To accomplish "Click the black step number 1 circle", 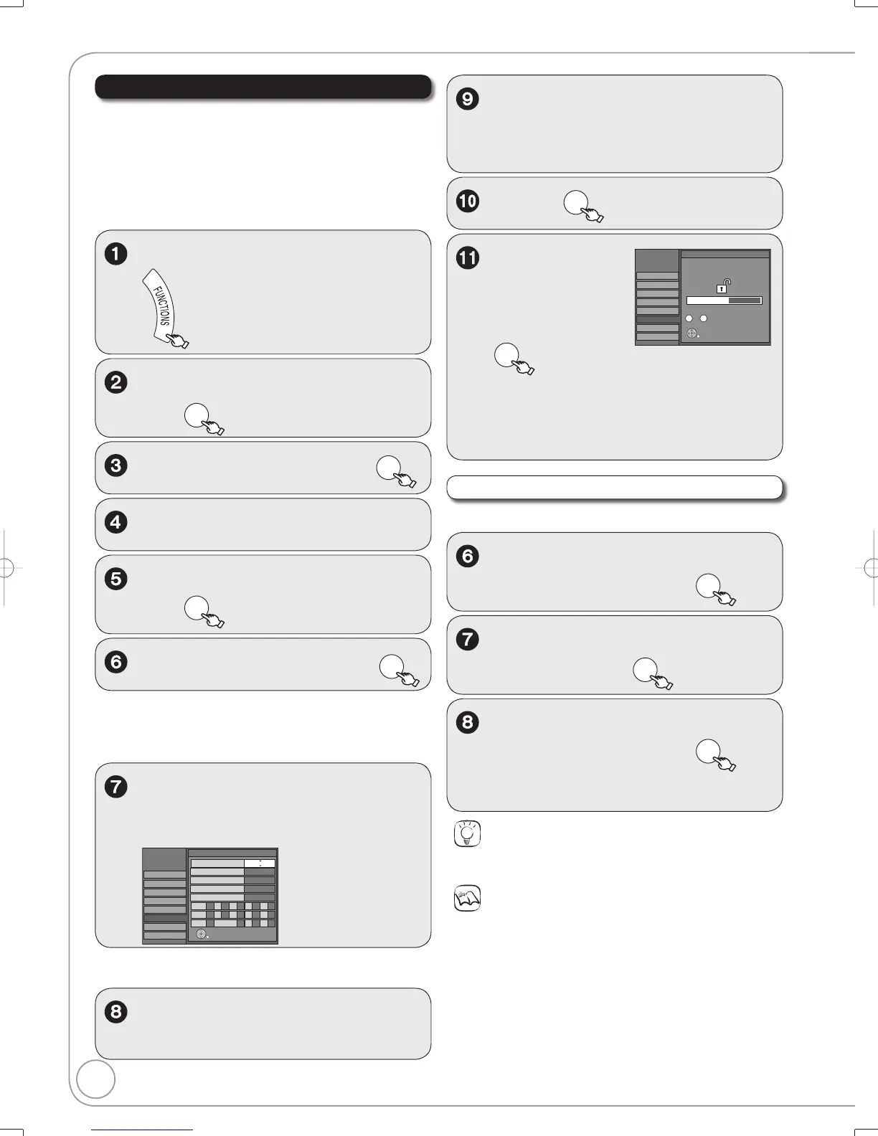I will point(116,254).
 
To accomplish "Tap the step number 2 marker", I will point(116,382).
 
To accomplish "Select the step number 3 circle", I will point(116,465).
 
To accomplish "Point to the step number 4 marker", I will point(116,522).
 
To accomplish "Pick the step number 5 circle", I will point(116,579).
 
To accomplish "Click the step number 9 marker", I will point(468,99).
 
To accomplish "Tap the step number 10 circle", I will point(468,201).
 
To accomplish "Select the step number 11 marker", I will point(468,257).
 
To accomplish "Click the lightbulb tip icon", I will point(468,833).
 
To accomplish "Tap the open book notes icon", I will point(468,898).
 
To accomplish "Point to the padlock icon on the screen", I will point(722,286).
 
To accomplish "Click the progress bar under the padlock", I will point(724,300).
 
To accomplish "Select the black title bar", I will point(263,86).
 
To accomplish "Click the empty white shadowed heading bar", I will point(614,488).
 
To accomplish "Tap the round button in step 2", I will point(197,415).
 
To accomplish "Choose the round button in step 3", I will point(388,468).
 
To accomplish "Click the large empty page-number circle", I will point(95,1079).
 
